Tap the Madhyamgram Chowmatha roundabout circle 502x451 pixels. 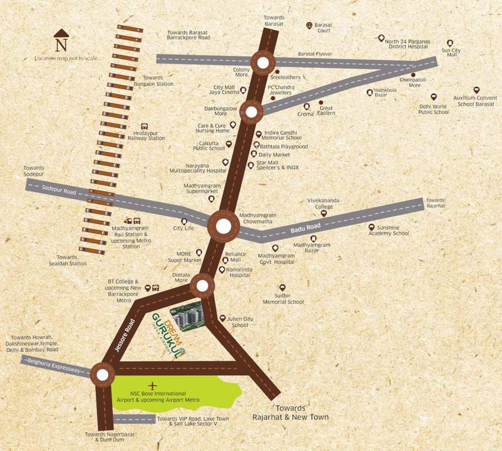tap(224, 226)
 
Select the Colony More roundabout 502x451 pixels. tap(263, 63)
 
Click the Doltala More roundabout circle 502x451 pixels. tap(202, 286)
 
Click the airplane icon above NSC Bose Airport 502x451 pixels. tap(154, 385)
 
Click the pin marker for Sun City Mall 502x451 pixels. tap(450, 43)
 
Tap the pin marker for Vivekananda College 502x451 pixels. tap(323, 214)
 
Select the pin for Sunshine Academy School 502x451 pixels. tap(371, 227)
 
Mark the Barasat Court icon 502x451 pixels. tap(309, 25)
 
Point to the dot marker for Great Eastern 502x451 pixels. tap(321, 103)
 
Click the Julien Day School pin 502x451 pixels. tap(223, 318)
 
